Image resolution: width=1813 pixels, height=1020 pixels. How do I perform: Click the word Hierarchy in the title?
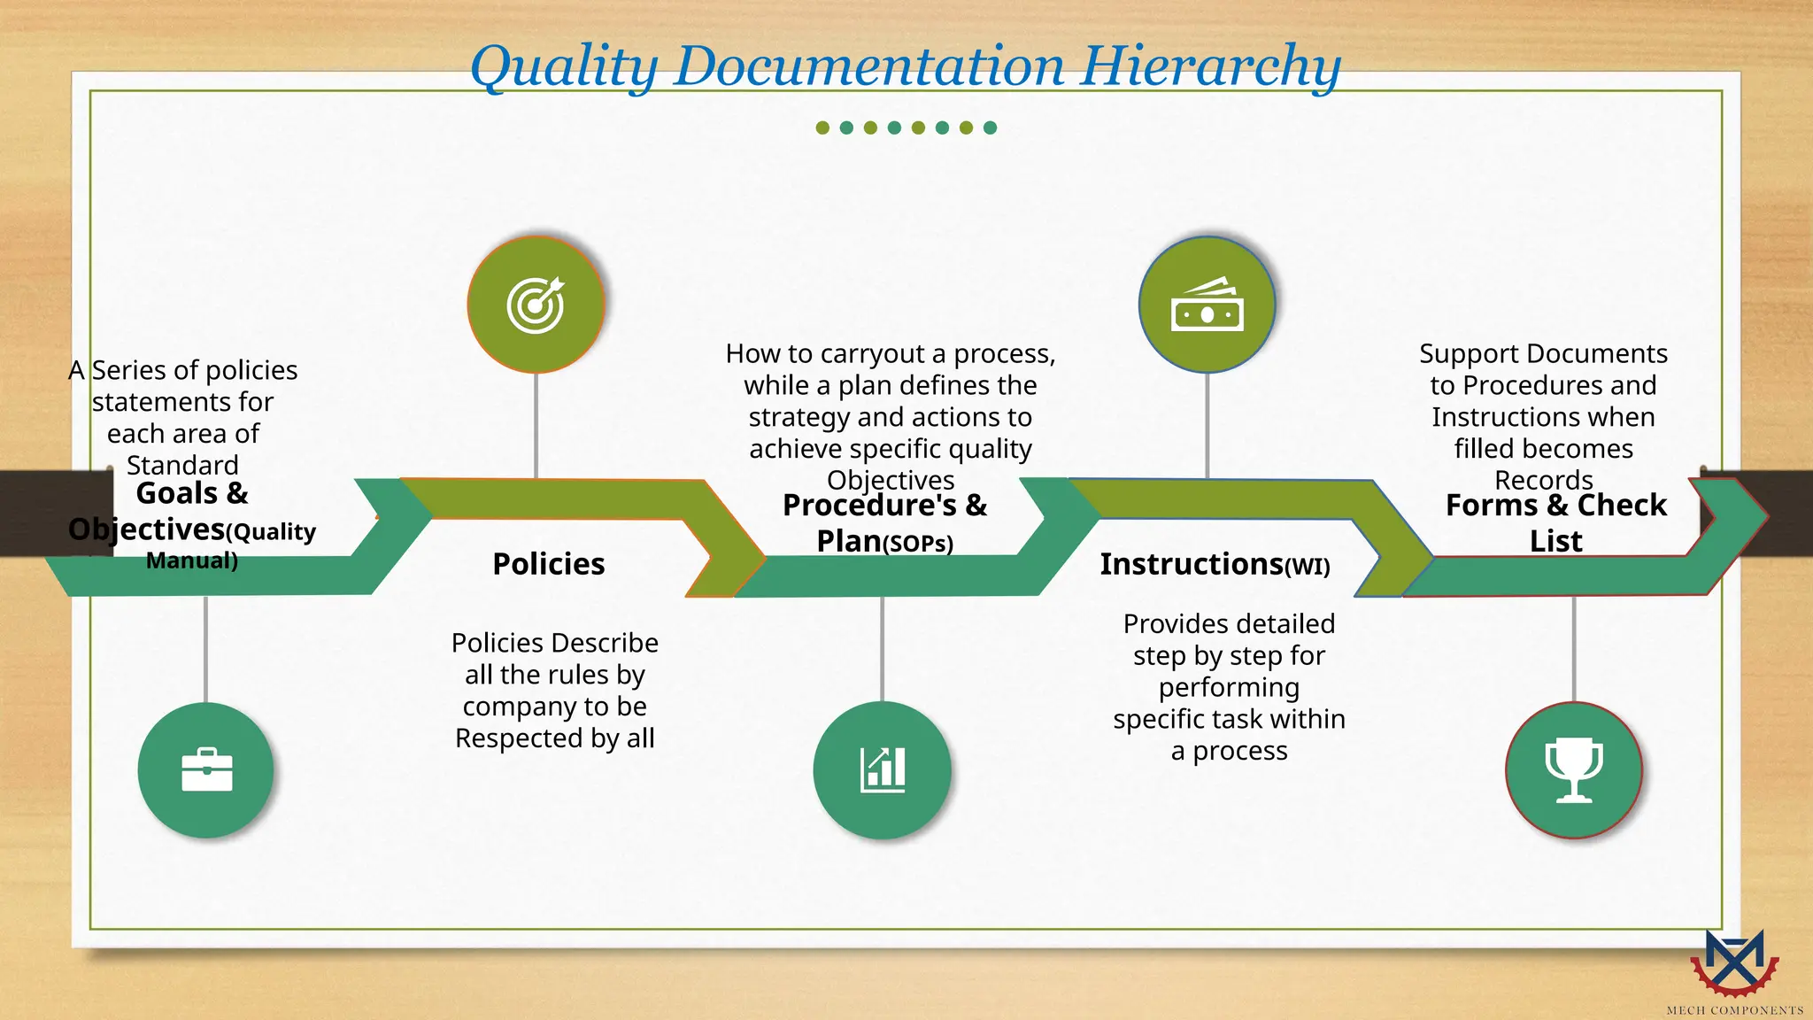(1210, 67)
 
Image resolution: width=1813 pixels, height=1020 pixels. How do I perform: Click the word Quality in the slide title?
(564, 67)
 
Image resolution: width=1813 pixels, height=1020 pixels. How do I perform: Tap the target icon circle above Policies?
(536, 305)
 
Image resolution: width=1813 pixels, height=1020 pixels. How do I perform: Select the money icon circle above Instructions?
(1207, 305)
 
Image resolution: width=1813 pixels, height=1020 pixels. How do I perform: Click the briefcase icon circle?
(206, 770)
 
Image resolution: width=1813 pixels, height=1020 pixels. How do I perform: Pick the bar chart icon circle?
(882, 770)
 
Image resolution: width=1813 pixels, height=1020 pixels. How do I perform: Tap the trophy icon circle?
(1574, 770)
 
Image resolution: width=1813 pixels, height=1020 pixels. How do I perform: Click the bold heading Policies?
(549, 564)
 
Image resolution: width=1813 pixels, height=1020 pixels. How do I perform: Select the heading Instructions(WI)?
(1215, 564)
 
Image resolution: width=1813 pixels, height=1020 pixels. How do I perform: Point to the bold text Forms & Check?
(1555, 506)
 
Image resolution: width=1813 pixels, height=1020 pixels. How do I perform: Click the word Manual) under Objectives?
(192, 560)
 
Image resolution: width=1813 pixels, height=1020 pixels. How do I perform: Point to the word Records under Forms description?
(1543, 480)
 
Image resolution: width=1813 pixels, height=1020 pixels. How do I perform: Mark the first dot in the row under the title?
(822, 127)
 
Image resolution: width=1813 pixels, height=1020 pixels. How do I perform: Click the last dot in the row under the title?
(990, 127)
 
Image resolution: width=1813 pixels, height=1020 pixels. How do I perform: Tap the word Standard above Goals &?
(182, 465)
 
